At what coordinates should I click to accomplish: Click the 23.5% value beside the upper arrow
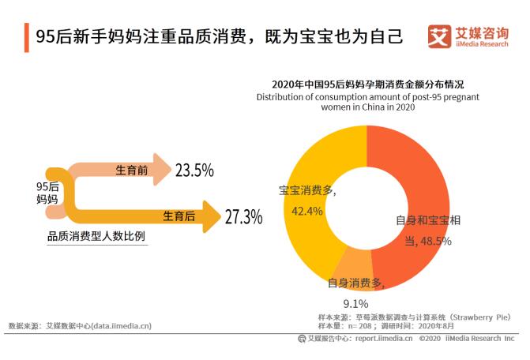click(194, 170)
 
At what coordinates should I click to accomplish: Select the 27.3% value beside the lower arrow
click(242, 216)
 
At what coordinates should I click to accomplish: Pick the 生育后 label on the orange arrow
click(179, 216)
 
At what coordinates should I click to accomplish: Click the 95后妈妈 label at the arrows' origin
click(48, 193)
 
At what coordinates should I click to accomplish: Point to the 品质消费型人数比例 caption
click(96, 236)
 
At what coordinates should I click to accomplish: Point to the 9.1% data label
click(355, 302)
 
